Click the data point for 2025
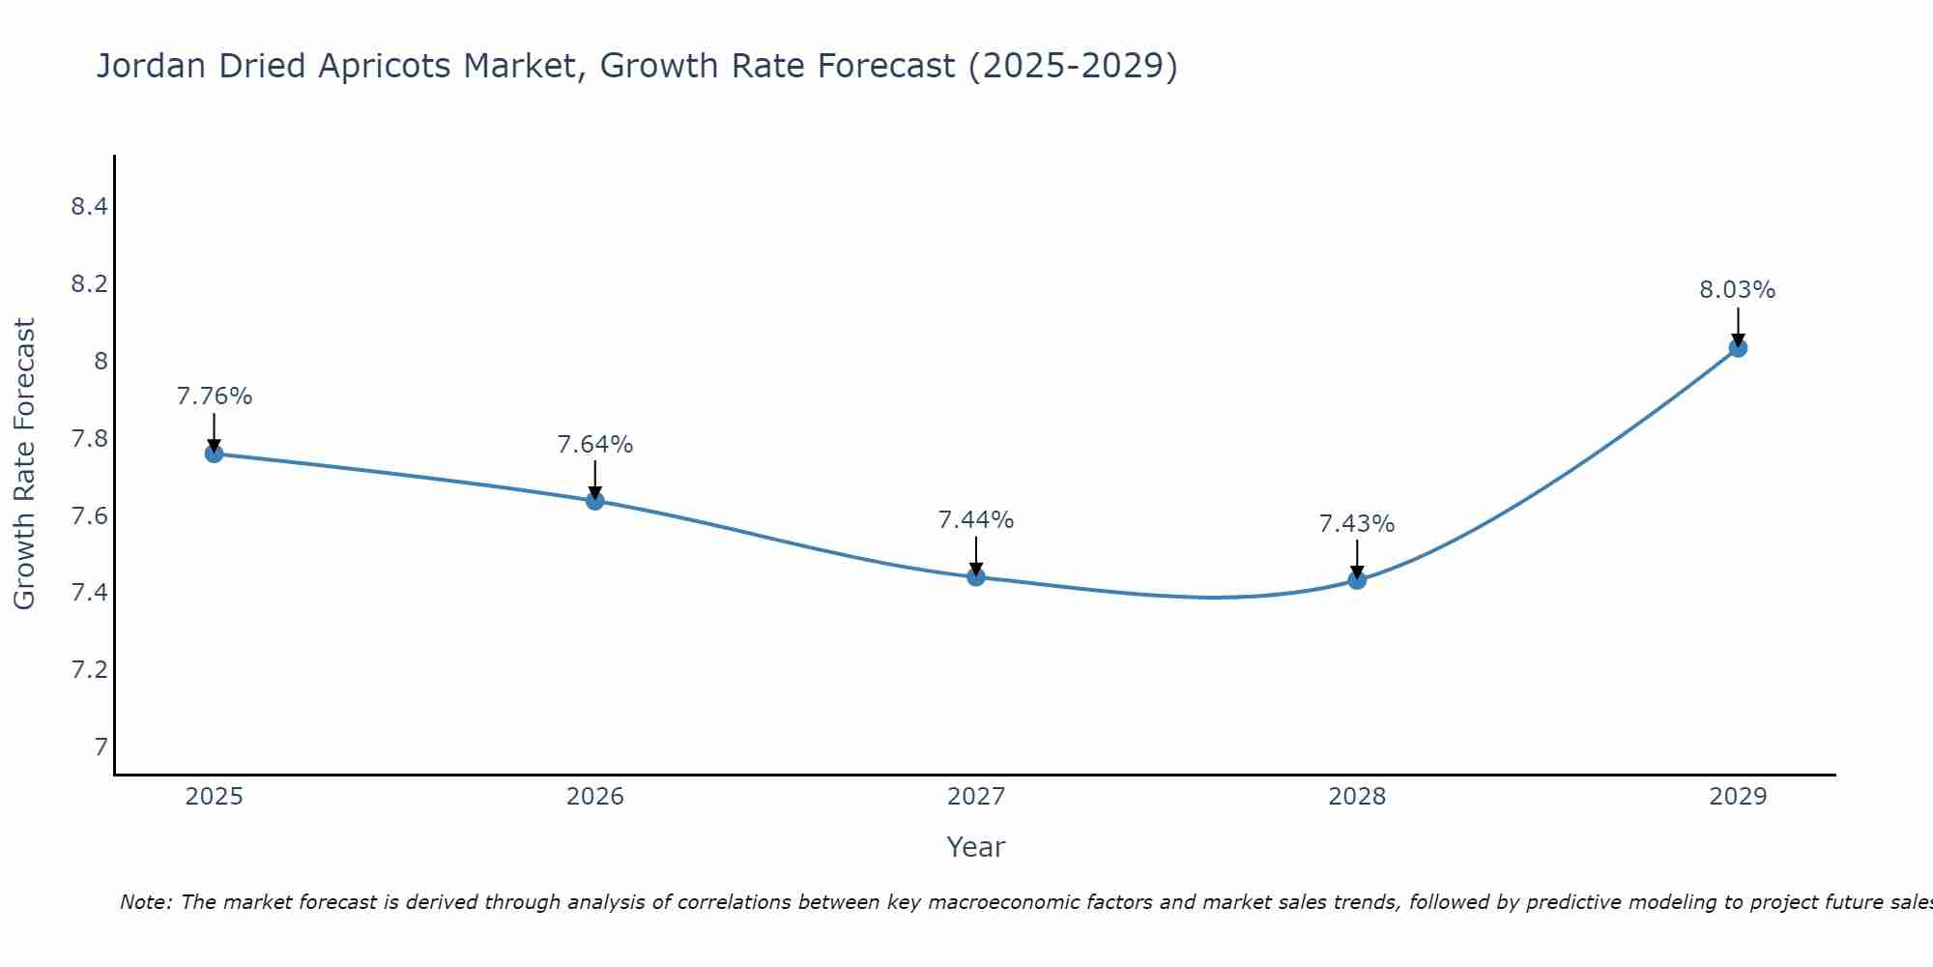[x=215, y=454]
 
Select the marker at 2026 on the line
[x=595, y=501]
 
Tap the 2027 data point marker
[x=976, y=577]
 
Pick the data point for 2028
[x=1357, y=580]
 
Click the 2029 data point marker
[x=1738, y=348]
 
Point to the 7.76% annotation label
[x=215, y=396]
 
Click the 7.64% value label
[x=595, y=445]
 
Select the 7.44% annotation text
[x=976, y=520]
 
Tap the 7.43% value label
[x=1357, y=524]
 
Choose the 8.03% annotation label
[x=1738, y=290]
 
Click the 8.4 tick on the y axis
[x=89, y=207]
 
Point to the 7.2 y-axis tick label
[x=89, y=669]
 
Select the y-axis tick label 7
[x=101, y=747]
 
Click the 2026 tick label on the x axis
[x=595, y=797]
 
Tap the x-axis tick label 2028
[x=1357, y=797]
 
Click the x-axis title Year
[x=976, y=847]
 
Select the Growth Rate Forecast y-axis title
[x=24, y=463]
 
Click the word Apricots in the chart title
[x=384, y=66]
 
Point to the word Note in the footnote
[x=145, y=902]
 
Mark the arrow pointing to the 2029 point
[x=1738, y=326]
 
